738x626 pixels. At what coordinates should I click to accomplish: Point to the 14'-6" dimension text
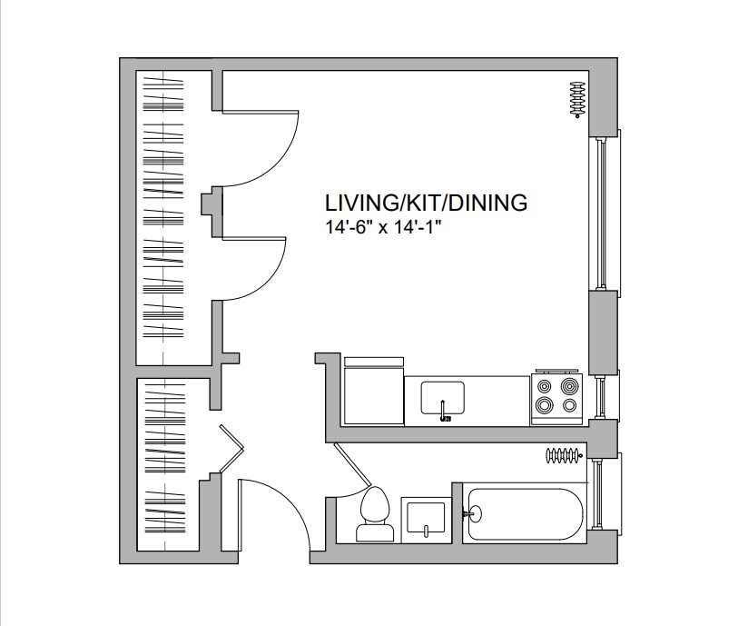tap(349, 228)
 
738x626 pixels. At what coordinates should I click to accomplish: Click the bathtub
tap(525, 514)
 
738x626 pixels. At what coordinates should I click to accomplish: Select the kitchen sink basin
tap(442, 398)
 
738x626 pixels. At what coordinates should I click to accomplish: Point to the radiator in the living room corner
tap(577, 99)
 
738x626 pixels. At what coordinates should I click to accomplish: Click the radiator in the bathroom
tap(565, 455)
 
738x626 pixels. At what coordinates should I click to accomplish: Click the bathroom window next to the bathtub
tap(604, 493)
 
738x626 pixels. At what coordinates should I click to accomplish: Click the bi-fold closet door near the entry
tap(232, 449)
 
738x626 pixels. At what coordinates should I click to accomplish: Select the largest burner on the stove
tap(544, 404)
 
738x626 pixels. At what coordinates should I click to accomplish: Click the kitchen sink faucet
tap(442, 409)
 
